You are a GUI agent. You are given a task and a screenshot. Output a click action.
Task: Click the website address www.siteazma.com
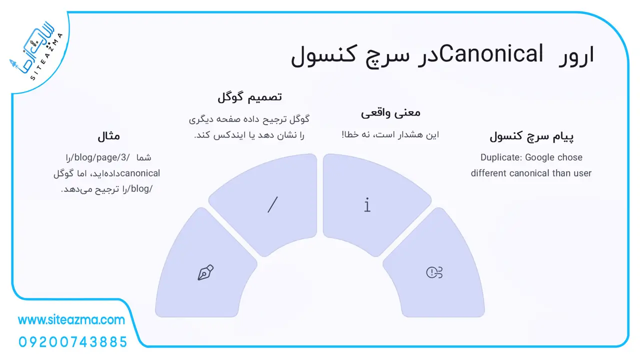71,319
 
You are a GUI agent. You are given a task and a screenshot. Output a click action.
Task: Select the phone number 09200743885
73,342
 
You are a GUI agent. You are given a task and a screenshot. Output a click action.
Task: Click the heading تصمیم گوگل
249,97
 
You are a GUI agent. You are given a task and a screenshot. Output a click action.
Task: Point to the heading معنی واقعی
390,113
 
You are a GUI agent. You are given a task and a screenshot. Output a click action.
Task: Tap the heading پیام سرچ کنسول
531,136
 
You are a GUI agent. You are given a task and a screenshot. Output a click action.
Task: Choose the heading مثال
109,136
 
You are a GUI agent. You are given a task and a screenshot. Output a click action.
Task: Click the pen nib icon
205,272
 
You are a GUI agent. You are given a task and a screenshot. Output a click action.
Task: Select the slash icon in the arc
272,204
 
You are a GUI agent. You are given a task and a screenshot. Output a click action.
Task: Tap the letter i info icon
367,204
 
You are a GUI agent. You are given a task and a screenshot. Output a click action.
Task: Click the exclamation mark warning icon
434,272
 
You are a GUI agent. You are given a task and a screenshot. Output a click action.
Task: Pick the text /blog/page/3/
102,157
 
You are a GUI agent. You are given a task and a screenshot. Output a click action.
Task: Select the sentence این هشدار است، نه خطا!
390,134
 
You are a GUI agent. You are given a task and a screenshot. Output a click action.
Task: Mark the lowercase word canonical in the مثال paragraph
140,173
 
